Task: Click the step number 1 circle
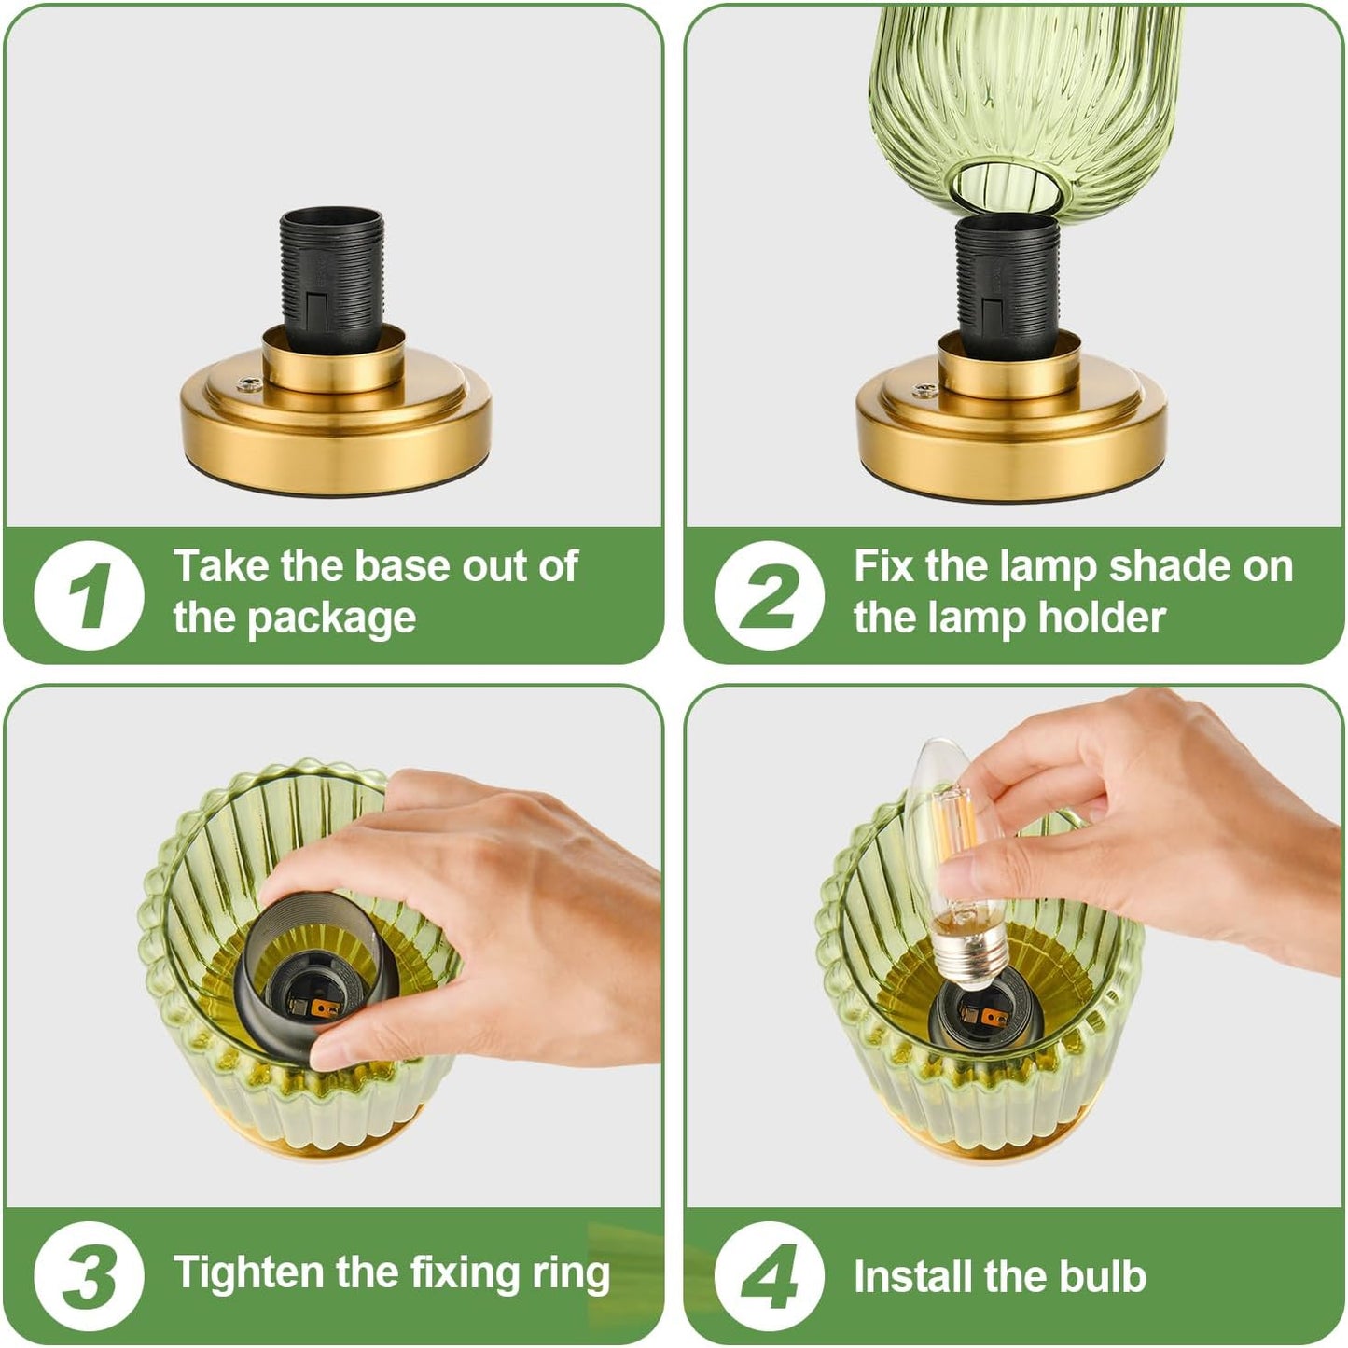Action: pos(89,595)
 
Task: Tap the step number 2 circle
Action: pos(769,595)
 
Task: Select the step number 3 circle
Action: pos(89,1275)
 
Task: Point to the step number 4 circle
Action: pos(769,1275)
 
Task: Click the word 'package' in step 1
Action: pos(331,619)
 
